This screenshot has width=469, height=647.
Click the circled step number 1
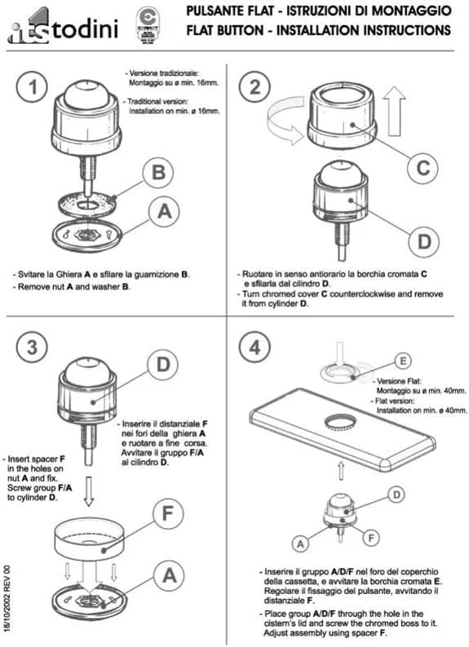pos(32,87)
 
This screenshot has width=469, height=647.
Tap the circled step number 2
pos(254,87)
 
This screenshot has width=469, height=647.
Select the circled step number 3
pos(32,347)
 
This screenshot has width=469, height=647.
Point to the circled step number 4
pos(254,347)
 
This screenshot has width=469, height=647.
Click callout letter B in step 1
pos(159,173)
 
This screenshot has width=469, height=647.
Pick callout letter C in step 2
pos(423,168)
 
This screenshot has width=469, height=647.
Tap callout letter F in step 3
pos(168,513)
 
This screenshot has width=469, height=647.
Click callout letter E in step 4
pos(403,361)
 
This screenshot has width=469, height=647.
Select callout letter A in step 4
pos(300,544)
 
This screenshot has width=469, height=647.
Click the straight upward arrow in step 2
pos(394,111)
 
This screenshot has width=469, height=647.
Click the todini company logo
pos(63,27)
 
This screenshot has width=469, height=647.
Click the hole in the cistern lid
pos(340,422)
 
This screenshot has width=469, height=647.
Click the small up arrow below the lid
pos(341,470)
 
